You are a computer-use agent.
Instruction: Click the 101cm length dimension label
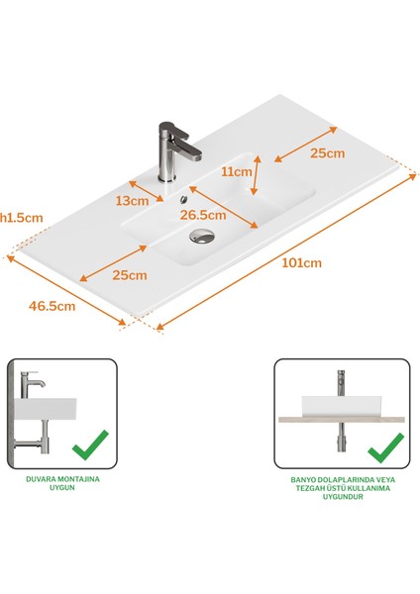301,262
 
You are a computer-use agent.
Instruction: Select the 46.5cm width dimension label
52,306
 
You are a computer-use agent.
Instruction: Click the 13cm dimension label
133,201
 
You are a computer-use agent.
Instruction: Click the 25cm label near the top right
327,153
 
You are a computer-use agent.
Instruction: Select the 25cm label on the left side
129,274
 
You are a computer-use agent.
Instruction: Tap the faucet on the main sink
171,150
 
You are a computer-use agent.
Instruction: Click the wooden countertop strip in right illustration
342,421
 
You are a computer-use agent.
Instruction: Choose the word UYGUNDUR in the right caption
343,497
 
